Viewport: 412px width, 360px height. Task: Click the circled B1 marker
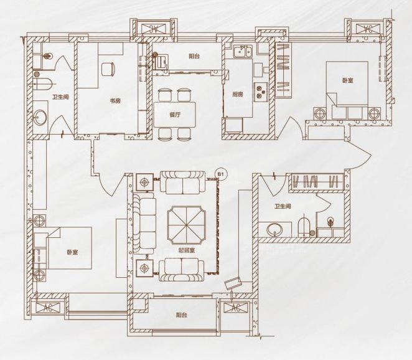(220, 174)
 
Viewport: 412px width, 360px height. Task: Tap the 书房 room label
(115, 100)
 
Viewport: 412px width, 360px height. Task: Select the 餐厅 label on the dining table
(175, 115)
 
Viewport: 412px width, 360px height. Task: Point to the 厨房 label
(237, 94)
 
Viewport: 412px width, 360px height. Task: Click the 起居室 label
(186, 250)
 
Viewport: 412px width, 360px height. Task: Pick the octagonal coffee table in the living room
(187, 225)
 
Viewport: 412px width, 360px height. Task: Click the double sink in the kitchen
(243, 51)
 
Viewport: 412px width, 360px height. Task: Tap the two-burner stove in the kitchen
(260, 92)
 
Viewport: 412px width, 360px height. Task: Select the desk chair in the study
(108, 69)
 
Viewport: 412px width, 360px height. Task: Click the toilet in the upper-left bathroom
(44, 84)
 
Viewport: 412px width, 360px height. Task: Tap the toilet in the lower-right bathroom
(304, 225)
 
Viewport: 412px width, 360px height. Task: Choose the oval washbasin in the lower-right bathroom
(275, 230)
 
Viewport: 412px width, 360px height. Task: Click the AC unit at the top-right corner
(368, 29)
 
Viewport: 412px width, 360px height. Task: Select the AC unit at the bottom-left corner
(47, 308)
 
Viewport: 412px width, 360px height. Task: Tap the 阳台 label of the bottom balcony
(181, 315)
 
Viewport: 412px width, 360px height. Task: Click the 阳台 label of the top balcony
(194, 56)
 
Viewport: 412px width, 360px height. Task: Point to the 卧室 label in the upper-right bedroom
(348, 80)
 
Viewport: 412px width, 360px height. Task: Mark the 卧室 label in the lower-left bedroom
(72, 252)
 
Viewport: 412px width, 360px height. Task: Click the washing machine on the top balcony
(161, 62)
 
